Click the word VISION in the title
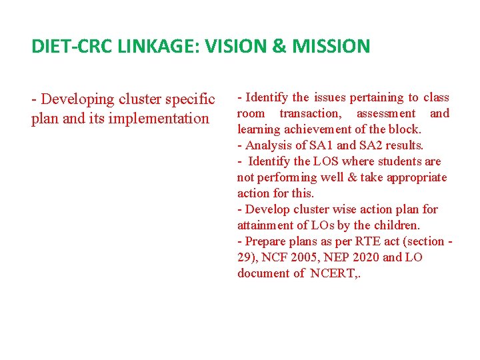tap(235, 46)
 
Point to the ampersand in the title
tap(279, 46)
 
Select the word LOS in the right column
tap(327, 161)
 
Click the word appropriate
tap(414, 177)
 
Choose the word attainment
tap(267, 225)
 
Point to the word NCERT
tap(333, 273)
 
